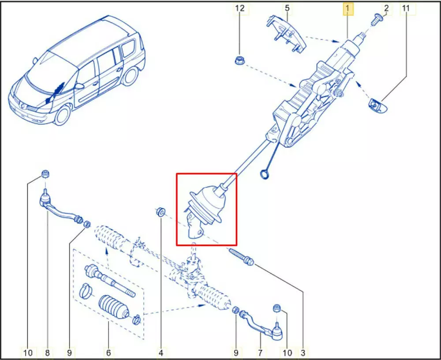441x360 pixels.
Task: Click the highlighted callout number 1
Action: coord(348,9)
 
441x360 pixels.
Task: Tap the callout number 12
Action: coord(240,8)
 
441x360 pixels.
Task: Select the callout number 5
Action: coord(287,8)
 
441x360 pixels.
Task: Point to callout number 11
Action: coord(406,8)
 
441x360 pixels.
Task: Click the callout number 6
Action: coord(108,352)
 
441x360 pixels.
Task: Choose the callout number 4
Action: coord(161,352)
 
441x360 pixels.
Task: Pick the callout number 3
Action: coord(303,352)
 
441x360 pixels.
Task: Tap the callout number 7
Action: coord(260,352)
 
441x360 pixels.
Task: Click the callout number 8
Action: coord(47,352)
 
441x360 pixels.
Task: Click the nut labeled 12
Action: coord(239,60)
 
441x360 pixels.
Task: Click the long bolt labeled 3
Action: coord(242,256)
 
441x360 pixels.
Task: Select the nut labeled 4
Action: coord(161,212)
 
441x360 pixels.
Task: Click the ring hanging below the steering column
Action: coord(264,174)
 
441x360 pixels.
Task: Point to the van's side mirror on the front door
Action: coord(79,86)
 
